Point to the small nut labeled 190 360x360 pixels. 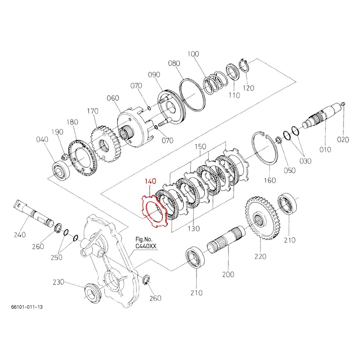click(x=64, y=156)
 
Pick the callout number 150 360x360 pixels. click(x=200, y=147)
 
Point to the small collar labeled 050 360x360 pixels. click(x=278, y=139)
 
